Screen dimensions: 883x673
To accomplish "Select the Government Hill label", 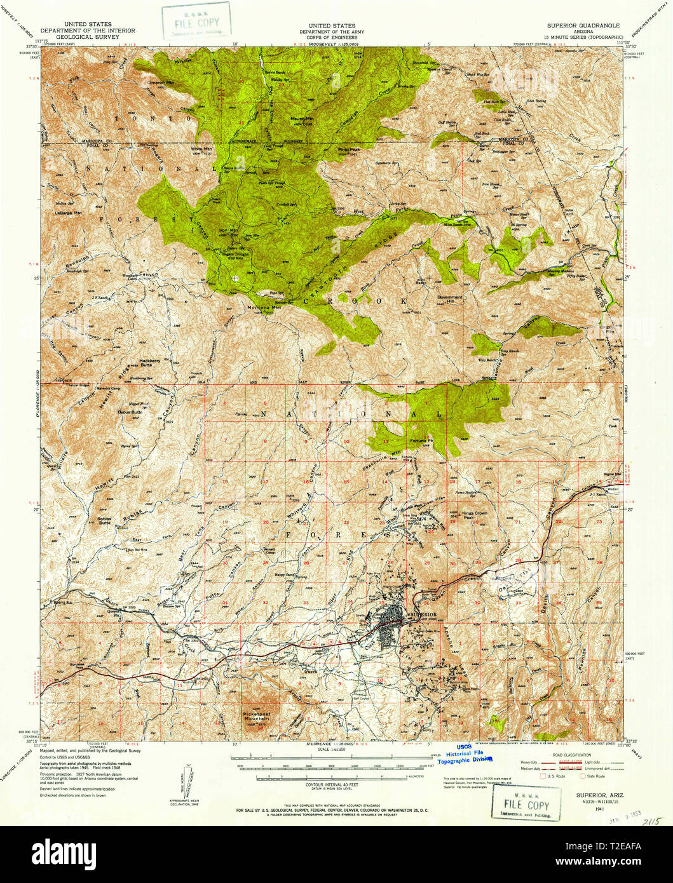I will click(450, 299).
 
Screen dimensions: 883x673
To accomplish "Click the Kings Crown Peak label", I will click(474, 515).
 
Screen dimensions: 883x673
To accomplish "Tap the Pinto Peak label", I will click(348, 149).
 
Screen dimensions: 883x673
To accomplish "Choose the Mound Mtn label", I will click(301, 119).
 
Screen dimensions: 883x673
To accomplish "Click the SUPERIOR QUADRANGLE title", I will click(583, 26).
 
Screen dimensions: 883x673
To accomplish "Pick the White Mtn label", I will click(201, 149).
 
